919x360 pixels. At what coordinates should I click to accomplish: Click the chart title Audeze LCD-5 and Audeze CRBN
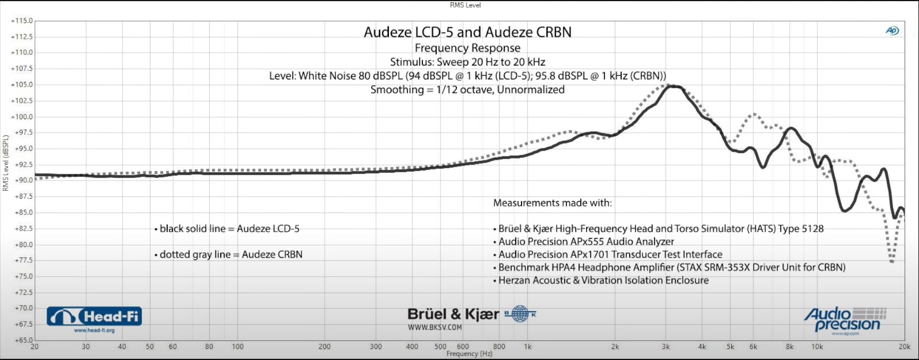click(x=467, y=32)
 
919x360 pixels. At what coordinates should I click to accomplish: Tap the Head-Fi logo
click(x=94, y=317)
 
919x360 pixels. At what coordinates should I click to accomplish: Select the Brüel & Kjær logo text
click(x=453, y=315)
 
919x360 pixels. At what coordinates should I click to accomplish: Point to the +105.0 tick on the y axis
click(x=22, y=85)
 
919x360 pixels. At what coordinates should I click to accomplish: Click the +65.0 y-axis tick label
click(x=22, y=340)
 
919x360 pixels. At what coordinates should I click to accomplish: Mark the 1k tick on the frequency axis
click(x=527, y=347)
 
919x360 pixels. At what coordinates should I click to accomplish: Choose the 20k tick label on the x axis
click(x=904, y=347)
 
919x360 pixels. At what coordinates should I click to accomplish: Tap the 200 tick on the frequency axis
click(x=324, y=347)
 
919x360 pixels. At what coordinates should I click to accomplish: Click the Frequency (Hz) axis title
click(x=469, y=354)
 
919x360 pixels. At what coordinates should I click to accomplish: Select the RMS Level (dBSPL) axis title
click(x=6, y=163)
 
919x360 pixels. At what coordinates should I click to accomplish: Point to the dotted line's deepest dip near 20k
click(x=892, y=261)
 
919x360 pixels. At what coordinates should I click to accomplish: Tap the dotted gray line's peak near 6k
click(x=754, y=114)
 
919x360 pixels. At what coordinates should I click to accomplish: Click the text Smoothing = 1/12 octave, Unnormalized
click(x=467, y=90)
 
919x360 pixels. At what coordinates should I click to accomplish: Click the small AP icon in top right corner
click(x=892, y=31)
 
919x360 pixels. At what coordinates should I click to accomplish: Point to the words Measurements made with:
click(x=552, y=203)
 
